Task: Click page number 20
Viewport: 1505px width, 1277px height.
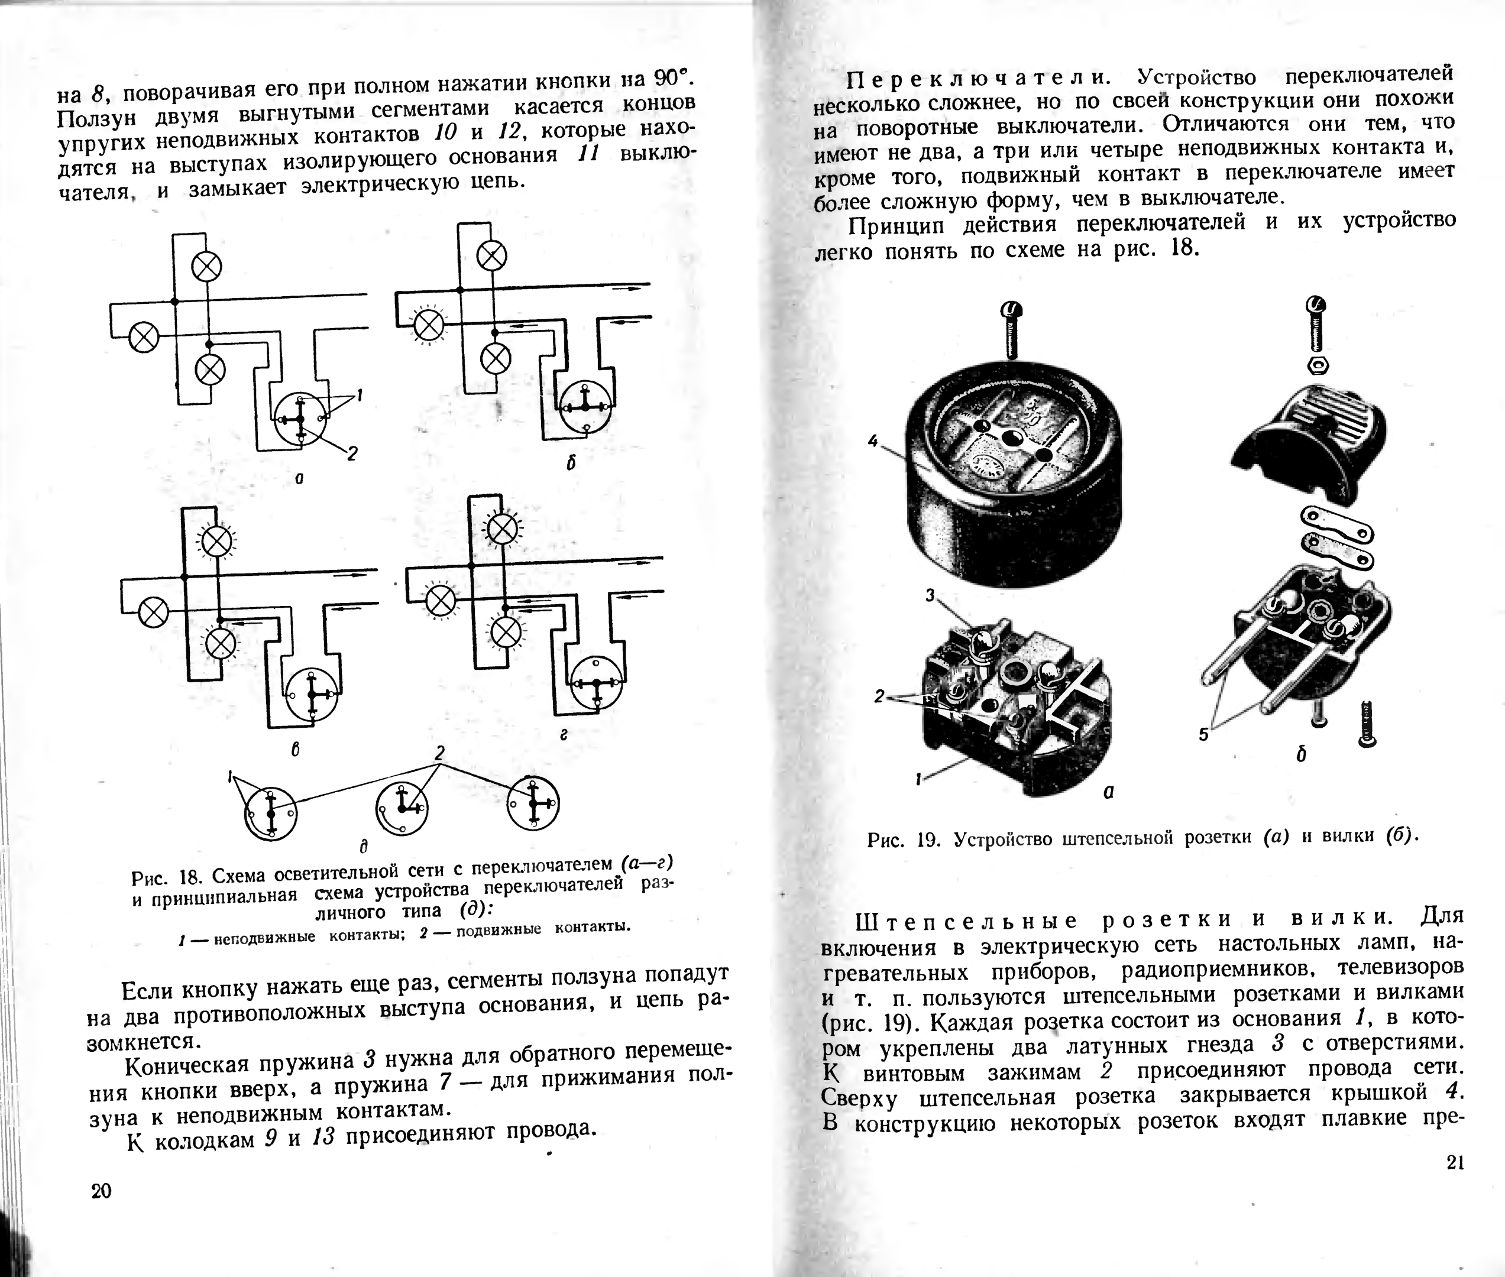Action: point(101,1191)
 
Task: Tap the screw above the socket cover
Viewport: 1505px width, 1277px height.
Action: point(1011,329)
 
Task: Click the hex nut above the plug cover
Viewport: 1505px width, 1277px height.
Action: point(1317,364)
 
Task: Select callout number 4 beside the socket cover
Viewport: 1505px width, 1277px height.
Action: point(873,440)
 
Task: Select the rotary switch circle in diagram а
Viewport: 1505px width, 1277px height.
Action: point(301,419)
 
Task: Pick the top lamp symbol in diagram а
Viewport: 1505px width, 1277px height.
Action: point(207,267)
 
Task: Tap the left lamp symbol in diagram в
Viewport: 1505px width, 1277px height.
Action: point(153,612)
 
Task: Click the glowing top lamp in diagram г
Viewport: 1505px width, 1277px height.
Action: point(503,529)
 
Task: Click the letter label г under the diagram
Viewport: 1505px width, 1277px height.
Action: point(562,734)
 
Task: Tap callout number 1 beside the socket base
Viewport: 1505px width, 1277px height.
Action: point(918,779)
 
